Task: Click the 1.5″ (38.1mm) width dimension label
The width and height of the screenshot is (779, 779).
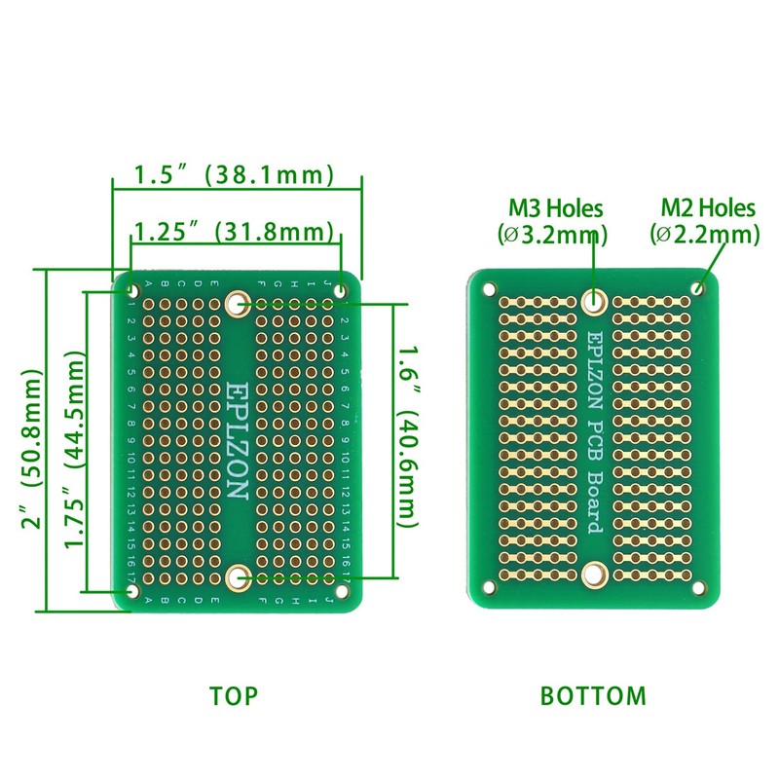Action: [x=235, y=175]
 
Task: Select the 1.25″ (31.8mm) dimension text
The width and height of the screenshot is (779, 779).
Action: [x=235, y=233]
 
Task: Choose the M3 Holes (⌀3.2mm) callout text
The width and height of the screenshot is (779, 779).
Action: [x=555, y=221]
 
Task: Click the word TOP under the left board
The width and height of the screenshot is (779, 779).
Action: [x=234, y=696]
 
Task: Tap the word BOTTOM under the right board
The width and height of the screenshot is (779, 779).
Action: [x=593, y=696]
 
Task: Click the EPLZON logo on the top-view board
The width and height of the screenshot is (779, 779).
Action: [x=236, y=440]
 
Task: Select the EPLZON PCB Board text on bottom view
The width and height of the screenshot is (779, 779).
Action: [x=594, y=433]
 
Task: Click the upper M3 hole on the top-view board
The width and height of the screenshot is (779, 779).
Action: [x=236, y=304]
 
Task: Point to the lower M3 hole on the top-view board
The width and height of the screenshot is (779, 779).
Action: [x=236, y=578]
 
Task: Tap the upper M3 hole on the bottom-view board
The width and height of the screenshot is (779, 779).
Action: [x=594, y=301]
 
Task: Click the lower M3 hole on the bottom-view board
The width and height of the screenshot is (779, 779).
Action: [x=594, y=575]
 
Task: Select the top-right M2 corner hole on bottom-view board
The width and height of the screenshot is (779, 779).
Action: [x=698, y=288]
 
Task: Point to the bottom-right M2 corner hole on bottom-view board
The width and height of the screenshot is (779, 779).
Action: [x=698, y=588]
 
